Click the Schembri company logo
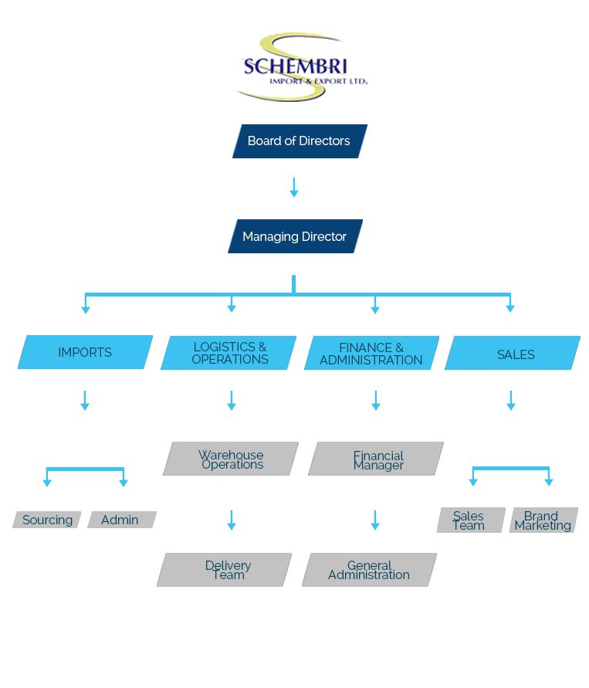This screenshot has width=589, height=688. [301, 68]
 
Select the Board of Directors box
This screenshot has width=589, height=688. [300, 141]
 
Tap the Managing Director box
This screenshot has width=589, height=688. [295, 237]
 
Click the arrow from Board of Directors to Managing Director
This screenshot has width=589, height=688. [293, 187]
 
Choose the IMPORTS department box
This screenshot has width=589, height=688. [85, 353]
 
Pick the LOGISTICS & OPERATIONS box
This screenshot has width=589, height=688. [229, 354]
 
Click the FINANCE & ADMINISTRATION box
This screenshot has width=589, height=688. [371, 354]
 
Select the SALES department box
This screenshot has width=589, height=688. [513, 354]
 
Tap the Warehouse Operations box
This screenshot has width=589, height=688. [231, 459]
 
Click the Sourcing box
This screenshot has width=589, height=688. [47, 520]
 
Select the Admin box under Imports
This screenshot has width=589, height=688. [121, 520]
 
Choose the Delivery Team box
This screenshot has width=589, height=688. [225, 570]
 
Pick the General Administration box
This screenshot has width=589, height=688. [369, 570]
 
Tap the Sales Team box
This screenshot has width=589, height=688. [470, 520]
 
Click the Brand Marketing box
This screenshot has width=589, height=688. [543, 520]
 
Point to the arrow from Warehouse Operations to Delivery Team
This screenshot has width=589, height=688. [231, 520]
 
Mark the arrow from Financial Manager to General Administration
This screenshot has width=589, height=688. [375, 520]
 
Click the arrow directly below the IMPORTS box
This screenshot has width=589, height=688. [85, 400]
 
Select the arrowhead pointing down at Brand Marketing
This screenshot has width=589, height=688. [549, 482]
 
